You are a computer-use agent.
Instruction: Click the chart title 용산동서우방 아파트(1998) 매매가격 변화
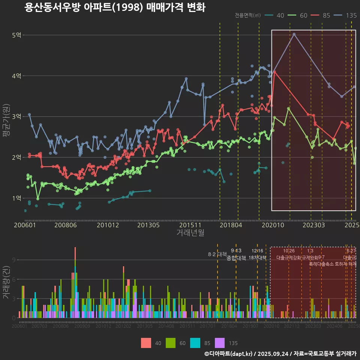pos(115,7)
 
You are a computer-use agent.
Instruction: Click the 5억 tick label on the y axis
pos(17,35)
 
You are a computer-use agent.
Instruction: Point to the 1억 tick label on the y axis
pos(17,198)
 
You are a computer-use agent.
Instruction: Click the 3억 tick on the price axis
pos(17,117)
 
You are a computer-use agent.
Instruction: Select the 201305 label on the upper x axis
pos(148,225)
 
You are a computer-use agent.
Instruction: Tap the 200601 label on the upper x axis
pos(25,225)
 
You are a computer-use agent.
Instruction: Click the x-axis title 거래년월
pos(190,233)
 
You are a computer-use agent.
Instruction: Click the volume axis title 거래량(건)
pos(6,282)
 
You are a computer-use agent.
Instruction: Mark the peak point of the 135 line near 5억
pos(294,34)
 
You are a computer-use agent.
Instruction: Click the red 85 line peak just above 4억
pos(274,71)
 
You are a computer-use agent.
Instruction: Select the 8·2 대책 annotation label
pos(220,254)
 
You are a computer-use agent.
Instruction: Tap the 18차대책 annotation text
pos(257,258)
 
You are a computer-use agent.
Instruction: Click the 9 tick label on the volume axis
pos(14,260)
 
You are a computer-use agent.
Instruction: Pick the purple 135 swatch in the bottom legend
pos(219,343)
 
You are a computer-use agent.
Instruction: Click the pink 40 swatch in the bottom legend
pos(146,343)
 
